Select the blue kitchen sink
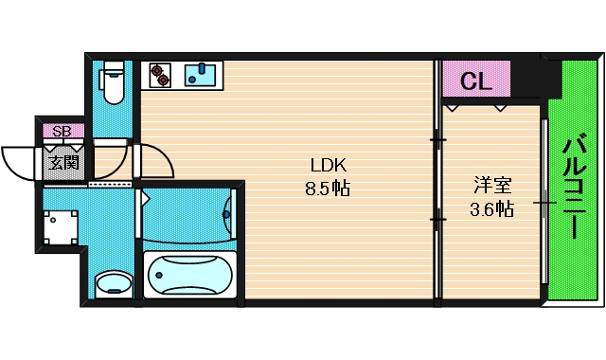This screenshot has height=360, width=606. [x=202, y=74]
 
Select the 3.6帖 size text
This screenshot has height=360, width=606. [x=490, y=209]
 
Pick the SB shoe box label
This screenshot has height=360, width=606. [x=62, y=131]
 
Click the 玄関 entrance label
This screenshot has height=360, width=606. [x=63, y=161]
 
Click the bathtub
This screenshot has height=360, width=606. [x=190, y=276]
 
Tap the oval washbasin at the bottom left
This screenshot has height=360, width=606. [x=114, y=283]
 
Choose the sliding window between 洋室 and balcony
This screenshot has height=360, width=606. [x=544, y=201]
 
